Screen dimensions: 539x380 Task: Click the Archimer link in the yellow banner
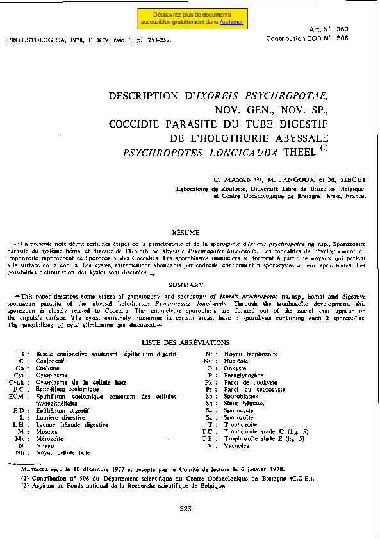pyautogui.click(x=231, y=22)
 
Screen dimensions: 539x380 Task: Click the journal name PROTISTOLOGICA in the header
pyautogui.click(x=33, y=40)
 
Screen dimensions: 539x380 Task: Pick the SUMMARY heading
pyautogui.click(x=186, y=285)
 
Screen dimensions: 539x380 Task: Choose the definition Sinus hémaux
pyautogui.click(x=242, y=403)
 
